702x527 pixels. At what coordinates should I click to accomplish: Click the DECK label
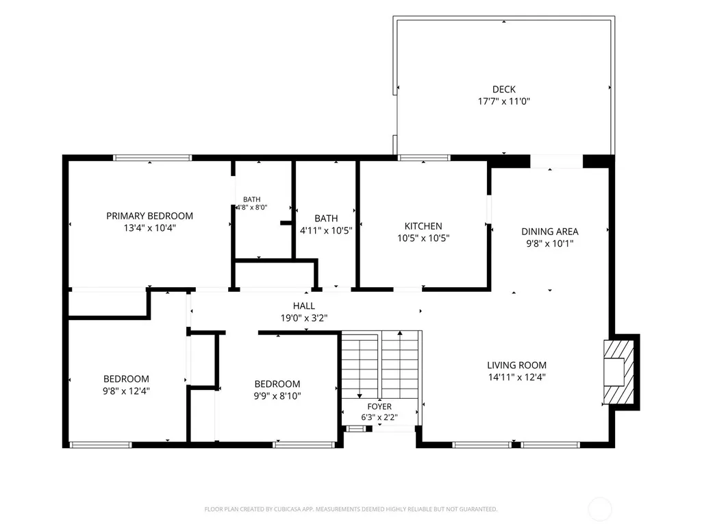(503, 89)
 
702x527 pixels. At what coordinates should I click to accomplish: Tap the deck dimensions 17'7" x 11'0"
(503, 101)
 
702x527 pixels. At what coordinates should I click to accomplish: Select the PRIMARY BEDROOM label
(149, 216)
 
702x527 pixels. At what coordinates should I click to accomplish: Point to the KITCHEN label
(423, 226)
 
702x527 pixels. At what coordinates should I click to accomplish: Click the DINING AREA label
(550, 232)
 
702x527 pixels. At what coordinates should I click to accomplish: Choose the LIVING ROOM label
(516, 365)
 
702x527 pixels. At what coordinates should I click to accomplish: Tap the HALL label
(304, 306)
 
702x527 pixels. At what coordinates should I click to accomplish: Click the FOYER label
(379, 406)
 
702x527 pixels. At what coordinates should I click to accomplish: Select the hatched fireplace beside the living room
(618, 372)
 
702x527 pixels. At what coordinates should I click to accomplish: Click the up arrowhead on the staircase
(400, 333)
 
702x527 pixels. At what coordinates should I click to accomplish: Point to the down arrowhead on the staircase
(360, 396)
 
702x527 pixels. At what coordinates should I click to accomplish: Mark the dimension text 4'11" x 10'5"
(326, 231)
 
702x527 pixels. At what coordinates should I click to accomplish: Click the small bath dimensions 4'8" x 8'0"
(251, 208)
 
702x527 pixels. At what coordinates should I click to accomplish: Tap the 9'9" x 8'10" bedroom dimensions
(277, 396)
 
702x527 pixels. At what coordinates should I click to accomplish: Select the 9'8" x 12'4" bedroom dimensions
(126, 391)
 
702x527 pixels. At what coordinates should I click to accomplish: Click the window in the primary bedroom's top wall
(152, 158)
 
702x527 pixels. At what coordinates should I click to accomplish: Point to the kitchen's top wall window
(423, 158)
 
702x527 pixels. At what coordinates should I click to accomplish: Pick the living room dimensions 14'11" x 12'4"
(516, 378)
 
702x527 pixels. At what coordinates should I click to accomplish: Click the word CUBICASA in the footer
(288, 509)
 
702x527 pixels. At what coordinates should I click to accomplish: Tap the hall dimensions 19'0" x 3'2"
(304, 318)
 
